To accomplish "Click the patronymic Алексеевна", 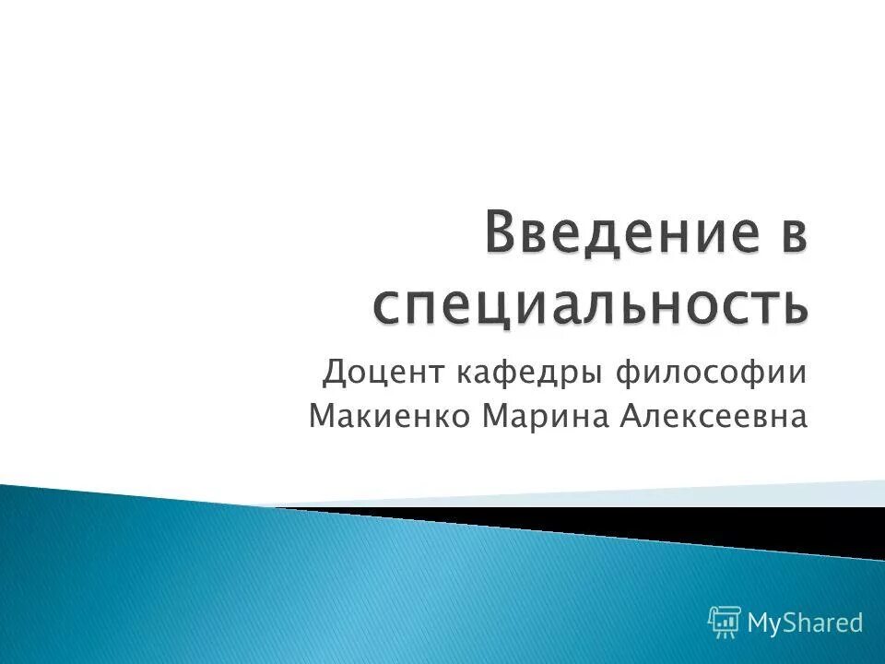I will (714, 418).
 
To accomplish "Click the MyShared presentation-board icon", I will (725, 622).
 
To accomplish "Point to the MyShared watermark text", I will (806, 622).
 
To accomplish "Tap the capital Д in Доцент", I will (335, 373).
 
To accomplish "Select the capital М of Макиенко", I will (324, 418).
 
